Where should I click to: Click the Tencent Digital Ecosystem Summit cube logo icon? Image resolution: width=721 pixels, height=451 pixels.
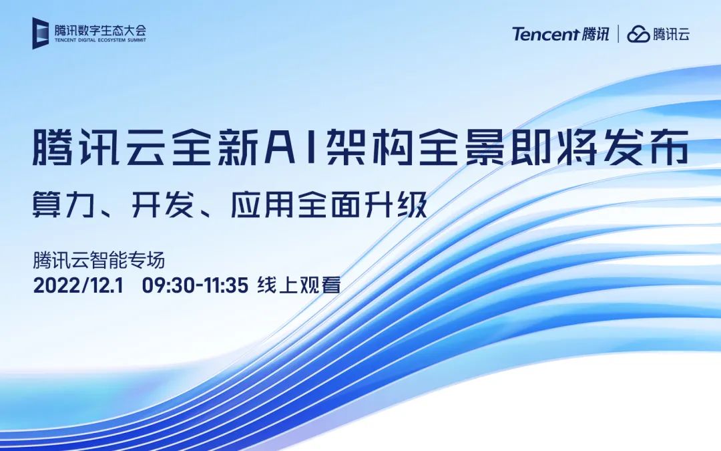(42, 33)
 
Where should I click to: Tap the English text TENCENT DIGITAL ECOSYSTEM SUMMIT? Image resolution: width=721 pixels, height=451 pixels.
(101, 40)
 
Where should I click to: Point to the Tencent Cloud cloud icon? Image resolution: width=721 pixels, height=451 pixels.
(639, 34)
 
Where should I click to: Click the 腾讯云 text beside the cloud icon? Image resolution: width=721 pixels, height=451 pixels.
(672, 34)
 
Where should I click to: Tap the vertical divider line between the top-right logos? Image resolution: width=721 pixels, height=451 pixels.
(618, 34)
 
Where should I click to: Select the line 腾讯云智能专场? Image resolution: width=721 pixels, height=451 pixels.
(99, 259)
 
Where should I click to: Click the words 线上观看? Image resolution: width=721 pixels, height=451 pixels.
(299, 286)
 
